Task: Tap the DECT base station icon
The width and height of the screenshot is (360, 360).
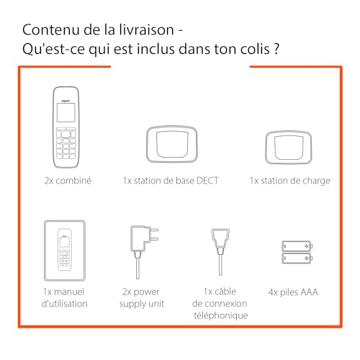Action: (x=170, y=144)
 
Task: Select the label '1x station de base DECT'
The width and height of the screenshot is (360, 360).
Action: (x=171, y=180)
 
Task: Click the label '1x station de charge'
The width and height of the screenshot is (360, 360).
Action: (x=289, y=180)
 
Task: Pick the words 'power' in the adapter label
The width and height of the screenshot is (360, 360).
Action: (x=148, y=292)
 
